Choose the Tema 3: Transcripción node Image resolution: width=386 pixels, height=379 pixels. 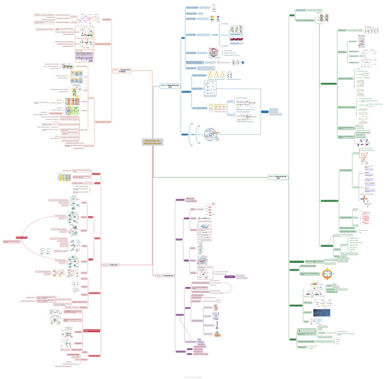(165, 275)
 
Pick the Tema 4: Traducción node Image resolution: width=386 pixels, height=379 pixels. (110, 264)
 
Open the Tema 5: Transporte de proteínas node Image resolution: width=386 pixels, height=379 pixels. (122, 71)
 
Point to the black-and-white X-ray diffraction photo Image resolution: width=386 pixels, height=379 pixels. (213, 51)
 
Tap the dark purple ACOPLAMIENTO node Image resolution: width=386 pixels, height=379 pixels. (229, 276)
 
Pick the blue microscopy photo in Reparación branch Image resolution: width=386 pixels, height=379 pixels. (325, 313)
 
